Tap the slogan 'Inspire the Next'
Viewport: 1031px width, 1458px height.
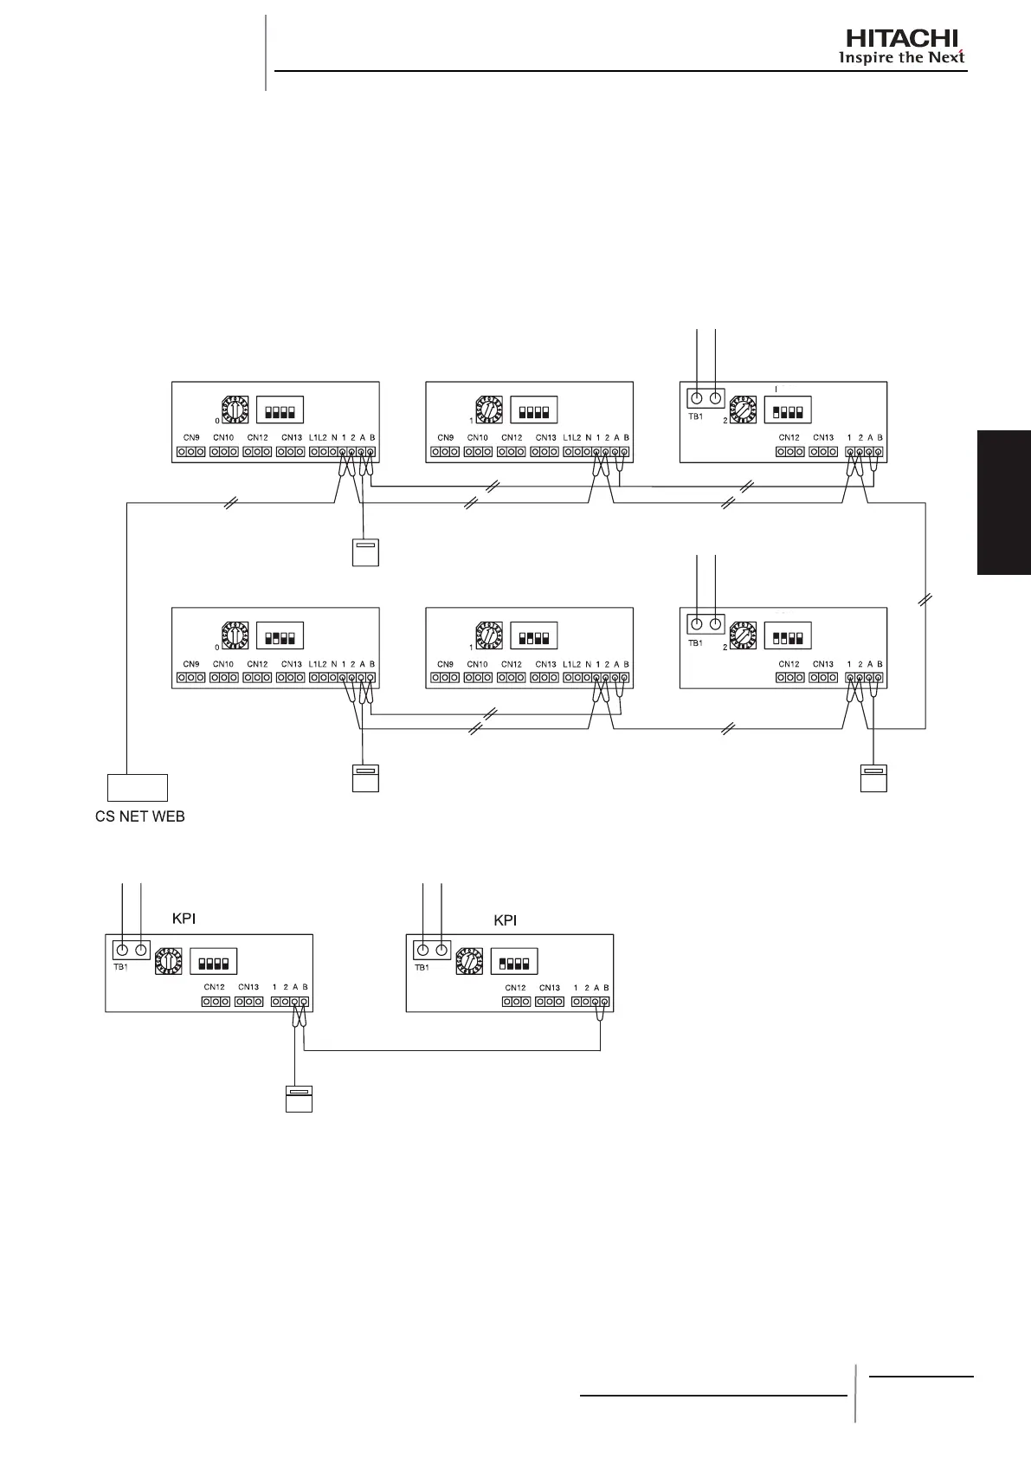pyautogui.click(x=901, y=58)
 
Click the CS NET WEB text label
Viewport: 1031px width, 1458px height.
pyautogui.click(x=139, y=816)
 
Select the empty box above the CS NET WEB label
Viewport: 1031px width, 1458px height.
pyautogui.click(x=137, y=788)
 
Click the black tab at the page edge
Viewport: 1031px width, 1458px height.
pyautogui.click(x=1004, y=501)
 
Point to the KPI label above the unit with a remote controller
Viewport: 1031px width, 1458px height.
pyautogui.click(x=183, y=919)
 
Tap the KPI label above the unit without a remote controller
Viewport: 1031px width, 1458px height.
pyautogui.click(x=505, y=920)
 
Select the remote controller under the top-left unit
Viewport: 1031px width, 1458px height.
pyautogui.click(x=365, y=552)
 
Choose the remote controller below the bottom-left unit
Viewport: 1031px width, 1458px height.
pyautogui.click(x=364, y=777)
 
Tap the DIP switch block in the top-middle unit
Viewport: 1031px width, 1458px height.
pyautogui.click(x=533, y=410)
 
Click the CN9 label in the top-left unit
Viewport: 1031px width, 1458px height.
pyautogui.click(x=191, y=438)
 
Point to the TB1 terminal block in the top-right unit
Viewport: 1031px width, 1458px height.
pyautogui.click(x=706, y=398)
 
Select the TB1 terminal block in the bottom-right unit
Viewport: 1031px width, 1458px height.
pyautogui.click(x=706, y=624)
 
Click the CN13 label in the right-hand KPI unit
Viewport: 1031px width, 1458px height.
pyautogui.click(x=549, y=987)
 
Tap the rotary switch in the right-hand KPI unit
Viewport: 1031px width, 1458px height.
pyautogui.click(x=467, y=961)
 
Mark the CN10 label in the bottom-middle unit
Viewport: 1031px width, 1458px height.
pyautogui.click(x=478, y=664)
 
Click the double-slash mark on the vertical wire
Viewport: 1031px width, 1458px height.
pyautogui.click(x=926, y=599)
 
